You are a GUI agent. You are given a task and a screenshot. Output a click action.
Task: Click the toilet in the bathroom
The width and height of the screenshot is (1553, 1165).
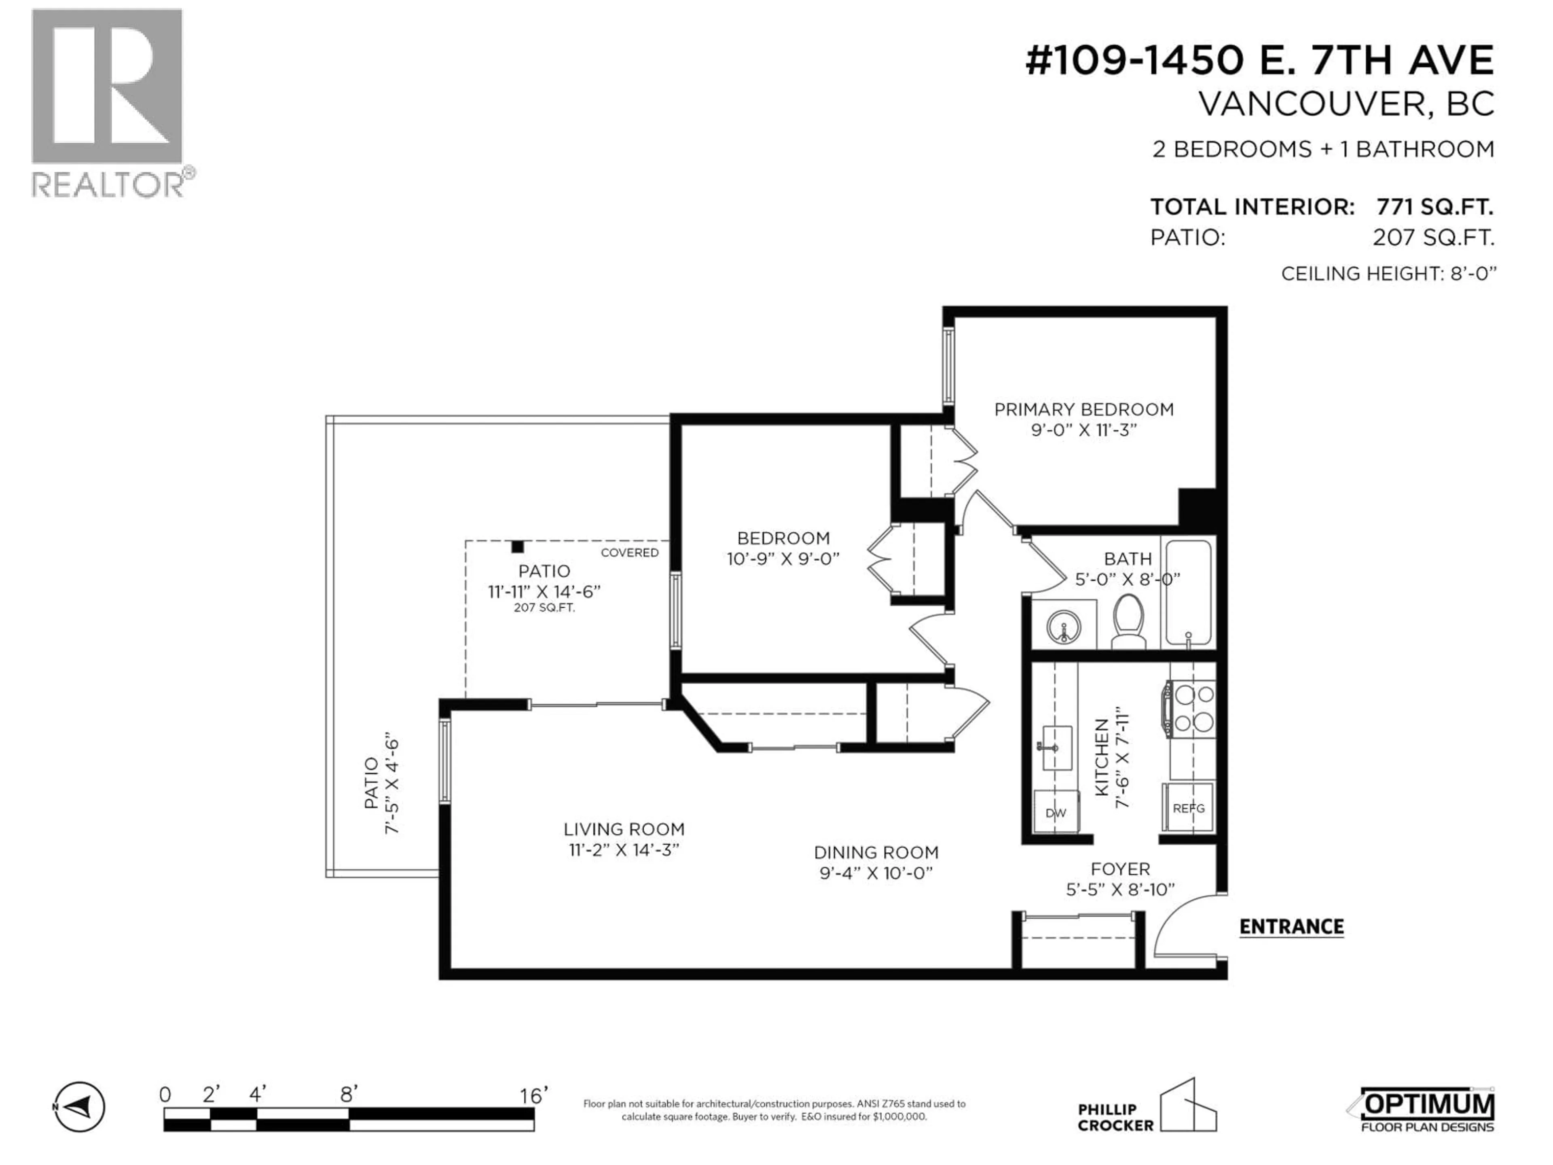pyautogui.click(x=1128, y=621)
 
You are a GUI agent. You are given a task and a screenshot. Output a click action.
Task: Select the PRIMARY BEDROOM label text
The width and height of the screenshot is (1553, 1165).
pyautogui.click(x=1083, y=409)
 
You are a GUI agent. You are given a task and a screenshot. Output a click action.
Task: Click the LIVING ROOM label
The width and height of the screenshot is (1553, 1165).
pyautogui.click(x=624, y=829)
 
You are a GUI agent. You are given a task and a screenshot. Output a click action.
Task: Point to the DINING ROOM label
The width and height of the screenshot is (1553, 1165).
pyautogui.click(x=876, y=852)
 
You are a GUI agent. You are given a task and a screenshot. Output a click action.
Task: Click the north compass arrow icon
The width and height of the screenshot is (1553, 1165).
pyautogui.click(x=79, y=1108)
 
